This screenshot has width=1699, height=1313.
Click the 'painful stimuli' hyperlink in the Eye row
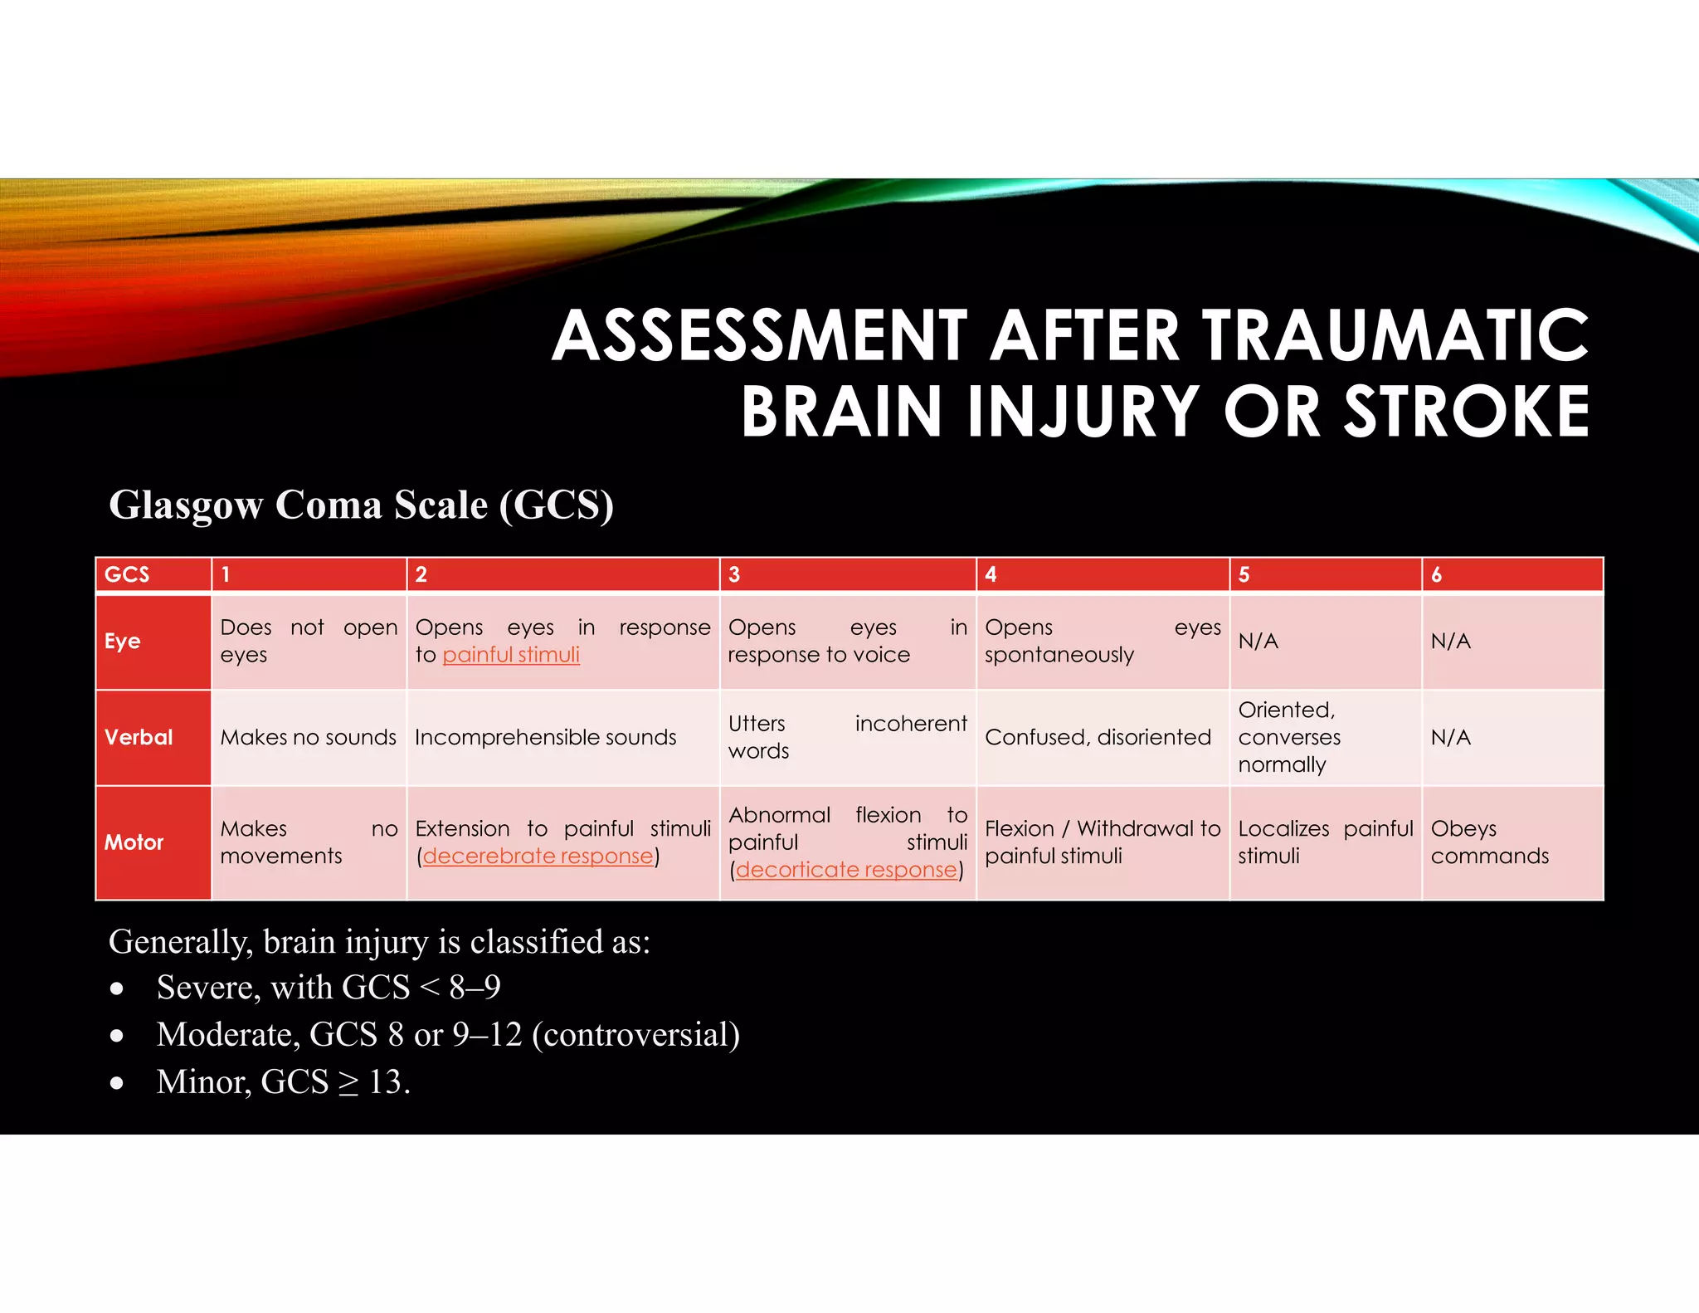[x=511, y=655]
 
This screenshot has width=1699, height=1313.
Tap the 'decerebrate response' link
[x=538, y=856]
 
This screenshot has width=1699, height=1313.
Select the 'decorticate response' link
[x=846, y=870]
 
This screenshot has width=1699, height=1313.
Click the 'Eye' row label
[x=123, y=642]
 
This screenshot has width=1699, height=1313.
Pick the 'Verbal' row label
[x=139, y=737]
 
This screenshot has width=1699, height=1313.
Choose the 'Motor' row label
[x=134, y=842]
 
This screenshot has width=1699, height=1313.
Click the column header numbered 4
[x=991, y=574]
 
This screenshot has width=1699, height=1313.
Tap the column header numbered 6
[x=1437, y=574]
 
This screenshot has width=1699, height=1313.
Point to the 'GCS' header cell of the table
[x=127, y=574]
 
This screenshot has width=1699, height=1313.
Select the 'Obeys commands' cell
[x=1490, y=842]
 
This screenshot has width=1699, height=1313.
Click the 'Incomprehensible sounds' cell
[x=546, y=737]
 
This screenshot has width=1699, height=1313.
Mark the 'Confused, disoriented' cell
[x=1098, y=737]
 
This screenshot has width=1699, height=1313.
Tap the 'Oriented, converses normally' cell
[x=1289, y=737]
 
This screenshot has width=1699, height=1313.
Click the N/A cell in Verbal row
[x=1451, y=737]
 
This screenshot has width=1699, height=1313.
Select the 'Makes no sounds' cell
[x=308, y=737]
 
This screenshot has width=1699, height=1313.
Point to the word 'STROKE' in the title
[x=1466, y=412]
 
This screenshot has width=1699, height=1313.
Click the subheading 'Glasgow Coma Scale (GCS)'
[x=362, y=505]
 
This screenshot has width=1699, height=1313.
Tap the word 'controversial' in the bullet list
[x=635, y=1035]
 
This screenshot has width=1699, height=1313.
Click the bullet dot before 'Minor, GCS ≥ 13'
[x=117, y=1083]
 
